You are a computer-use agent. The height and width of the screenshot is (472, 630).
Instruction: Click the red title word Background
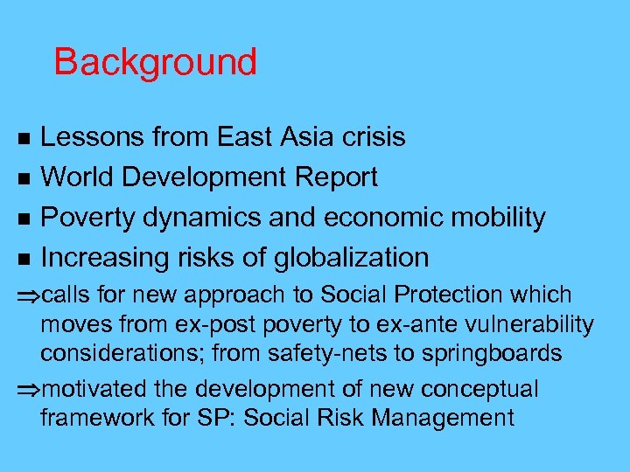tap(155, 63)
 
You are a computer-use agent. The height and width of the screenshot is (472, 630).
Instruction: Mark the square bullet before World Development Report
tap(24, 178)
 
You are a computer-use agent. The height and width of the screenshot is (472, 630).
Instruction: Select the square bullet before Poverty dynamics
tap(24, 219)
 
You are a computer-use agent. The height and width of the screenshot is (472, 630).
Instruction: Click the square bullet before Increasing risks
tap(24, 259)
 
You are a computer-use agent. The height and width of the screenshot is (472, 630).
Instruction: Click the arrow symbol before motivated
tap(31, 390)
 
